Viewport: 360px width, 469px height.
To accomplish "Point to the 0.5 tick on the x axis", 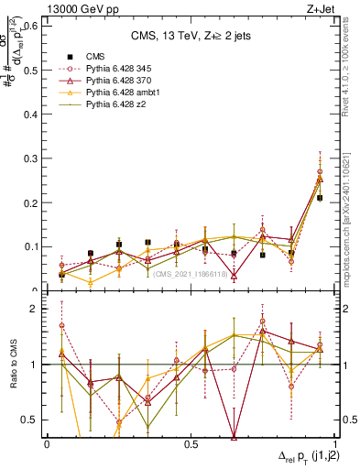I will point(191,443).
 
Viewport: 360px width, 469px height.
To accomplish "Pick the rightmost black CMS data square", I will point(320,197).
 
